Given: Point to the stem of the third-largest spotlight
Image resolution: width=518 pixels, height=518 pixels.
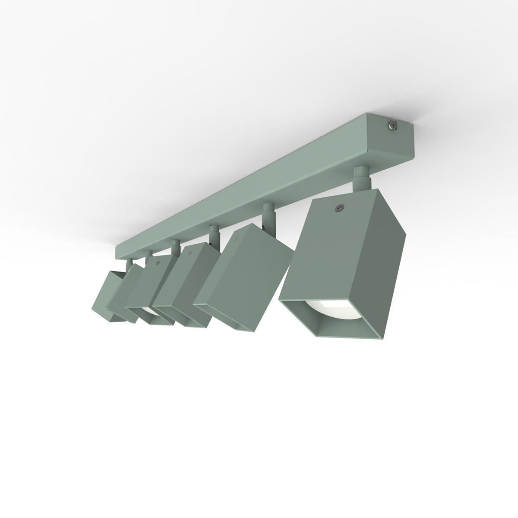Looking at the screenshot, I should (x=212, y=235).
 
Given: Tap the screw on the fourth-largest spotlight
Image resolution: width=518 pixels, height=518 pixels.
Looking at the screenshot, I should (x=158, y=262).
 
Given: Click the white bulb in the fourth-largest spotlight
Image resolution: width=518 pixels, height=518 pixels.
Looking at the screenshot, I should (x=148, y=310).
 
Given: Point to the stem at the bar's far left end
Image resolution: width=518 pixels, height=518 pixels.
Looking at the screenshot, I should (x=129, y=264).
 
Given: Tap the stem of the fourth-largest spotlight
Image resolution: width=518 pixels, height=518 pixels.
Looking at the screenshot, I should (x=175, y=248).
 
